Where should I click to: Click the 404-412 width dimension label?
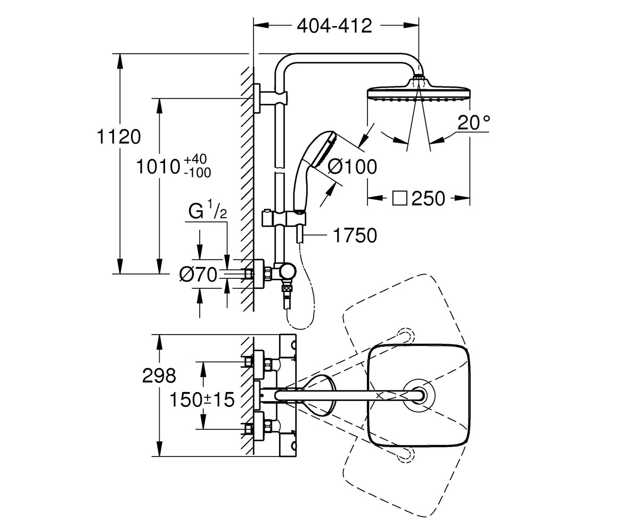[334, 26]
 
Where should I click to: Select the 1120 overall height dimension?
[119, 136]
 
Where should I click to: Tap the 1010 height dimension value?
[158, 167]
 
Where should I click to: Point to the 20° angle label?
[474, 122]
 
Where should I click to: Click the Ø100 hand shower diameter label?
[352, 167]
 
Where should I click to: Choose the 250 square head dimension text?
[428, 198]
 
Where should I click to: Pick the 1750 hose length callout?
[355, 236]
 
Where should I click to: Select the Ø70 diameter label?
[198, 275]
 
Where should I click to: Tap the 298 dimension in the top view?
[159, 376]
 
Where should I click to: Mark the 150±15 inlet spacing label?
[202, 400]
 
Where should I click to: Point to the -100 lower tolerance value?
[198, 173]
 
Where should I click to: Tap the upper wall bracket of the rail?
[271, 98]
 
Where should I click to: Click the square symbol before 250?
[400, 198]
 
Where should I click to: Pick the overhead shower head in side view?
[419, 91]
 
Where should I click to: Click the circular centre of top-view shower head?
[419, 395]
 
